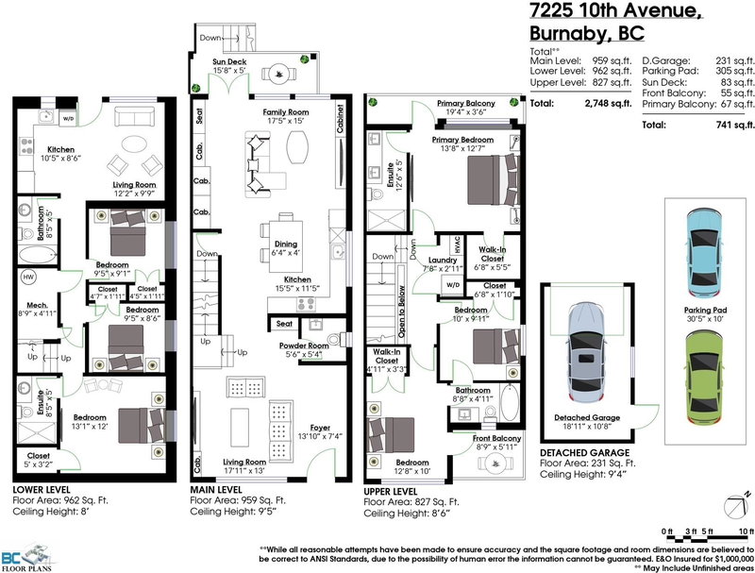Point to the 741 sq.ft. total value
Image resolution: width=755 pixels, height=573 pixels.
[x=735, y=124]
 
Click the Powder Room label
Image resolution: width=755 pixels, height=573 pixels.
[x=303, y=345]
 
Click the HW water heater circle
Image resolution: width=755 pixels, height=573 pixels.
[x=27, y=278]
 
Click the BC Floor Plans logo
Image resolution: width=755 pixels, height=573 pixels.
[x=28, y=557]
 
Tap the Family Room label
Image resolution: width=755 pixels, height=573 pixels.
[x=286, y=111]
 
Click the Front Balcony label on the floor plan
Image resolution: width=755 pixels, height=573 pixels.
[x=495, y=438]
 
